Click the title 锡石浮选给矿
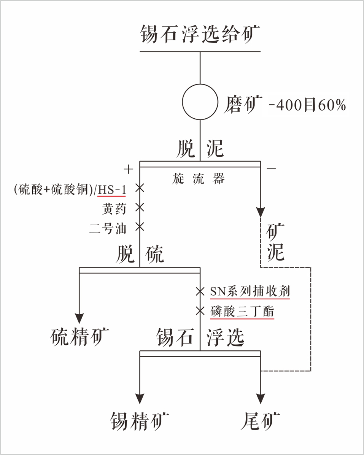pos(200,34)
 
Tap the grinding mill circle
pos(200,102)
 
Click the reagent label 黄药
pos(114,208)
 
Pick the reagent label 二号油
pos(108,228)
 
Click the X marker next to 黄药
pos(140,207)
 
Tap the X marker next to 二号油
pos(140,227)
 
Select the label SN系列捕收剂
pos(250,292)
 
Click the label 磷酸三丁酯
pos(242,312)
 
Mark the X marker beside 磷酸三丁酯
pos(200,311)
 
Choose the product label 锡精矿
pos(140,421)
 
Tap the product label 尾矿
pos(261,421)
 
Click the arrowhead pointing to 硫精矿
pos(79,318)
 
